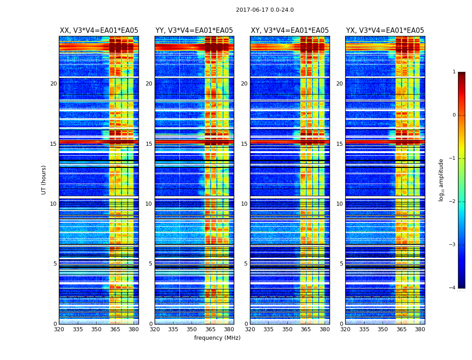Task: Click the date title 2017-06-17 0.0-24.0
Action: coord(265,10)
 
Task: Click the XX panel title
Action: coord(99,31)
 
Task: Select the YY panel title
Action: coord(194,31)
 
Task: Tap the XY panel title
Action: coord(289,31)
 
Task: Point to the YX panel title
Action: coord(385,31)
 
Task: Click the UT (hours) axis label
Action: coord(44,180)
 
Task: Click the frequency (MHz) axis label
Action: coord(217,338)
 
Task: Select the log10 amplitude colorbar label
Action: coord(441,180)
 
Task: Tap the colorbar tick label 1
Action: coord(454,72)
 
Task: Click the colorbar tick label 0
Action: coord(454,115)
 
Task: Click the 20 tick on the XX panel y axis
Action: coord(53,84)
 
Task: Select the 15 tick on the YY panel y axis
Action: coord(149,144)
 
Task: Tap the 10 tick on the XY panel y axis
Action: coord(244,204)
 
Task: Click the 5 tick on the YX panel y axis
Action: coord(341,264)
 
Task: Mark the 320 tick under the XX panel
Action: coord(59,329)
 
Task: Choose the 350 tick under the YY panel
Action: coord(192,329)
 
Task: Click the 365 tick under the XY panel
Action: coord(306,329)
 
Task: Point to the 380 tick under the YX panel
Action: coord(420,329)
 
